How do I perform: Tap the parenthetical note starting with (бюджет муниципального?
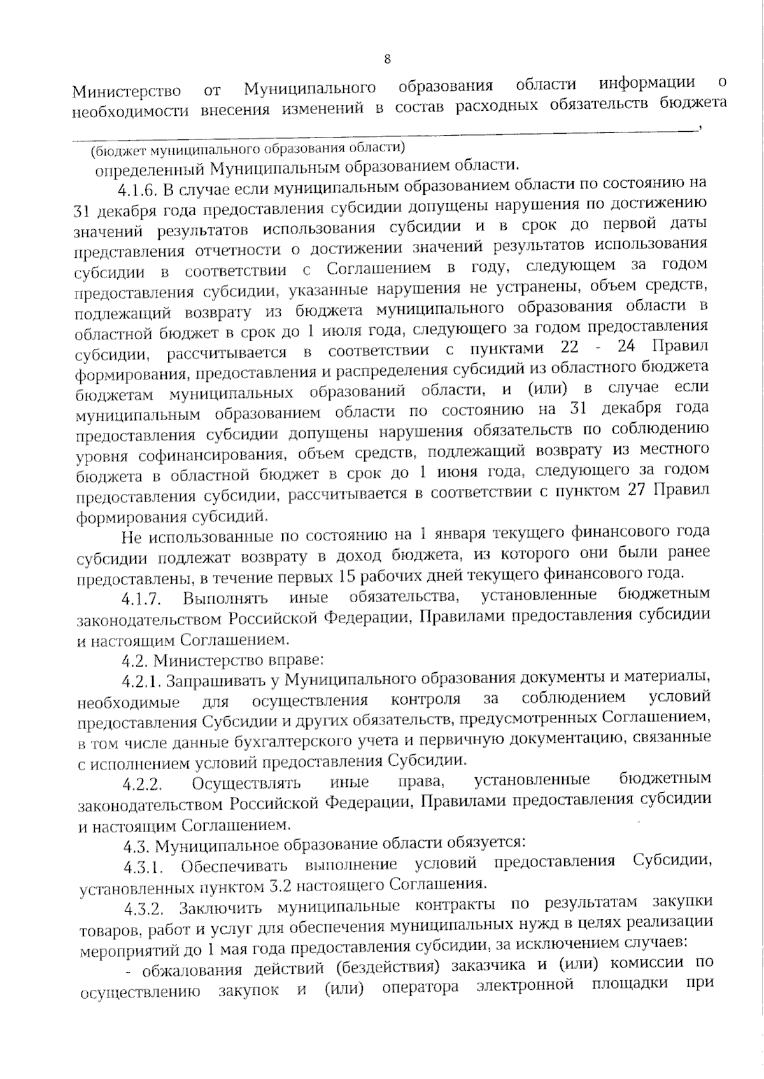point(247,150)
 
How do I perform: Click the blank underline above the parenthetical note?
point(382,131)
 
